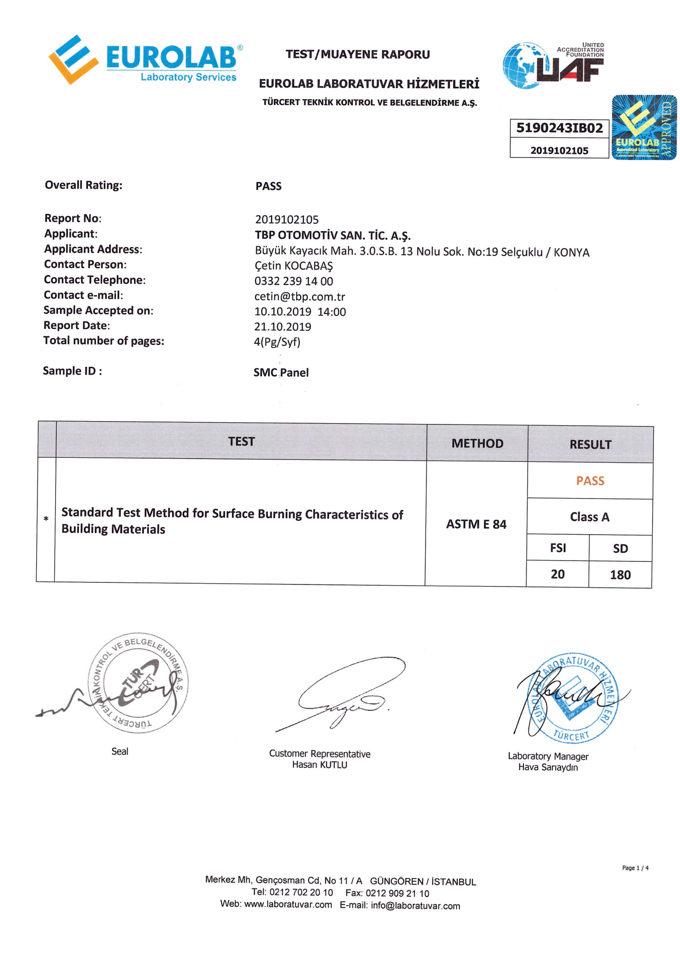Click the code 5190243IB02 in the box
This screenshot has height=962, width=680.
pos(559,128)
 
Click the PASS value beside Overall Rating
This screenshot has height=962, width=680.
pos(268,186)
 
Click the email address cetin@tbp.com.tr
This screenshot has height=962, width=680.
pos(300,297)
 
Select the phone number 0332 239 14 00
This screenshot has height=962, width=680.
pos(294,281)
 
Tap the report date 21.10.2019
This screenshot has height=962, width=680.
pos(282,327)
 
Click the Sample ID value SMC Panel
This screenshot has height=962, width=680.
pos(281,372)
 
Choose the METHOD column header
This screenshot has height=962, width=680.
pos(477,443)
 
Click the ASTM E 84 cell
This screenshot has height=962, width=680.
pos(476,524)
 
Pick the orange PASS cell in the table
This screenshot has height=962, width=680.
pos(590,480)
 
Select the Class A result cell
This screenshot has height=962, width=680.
pos(590,517)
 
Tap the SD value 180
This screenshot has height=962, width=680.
pos(620,575)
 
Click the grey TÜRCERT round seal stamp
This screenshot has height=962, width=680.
pos(138,683)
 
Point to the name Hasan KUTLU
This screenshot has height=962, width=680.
pos(320,765)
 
